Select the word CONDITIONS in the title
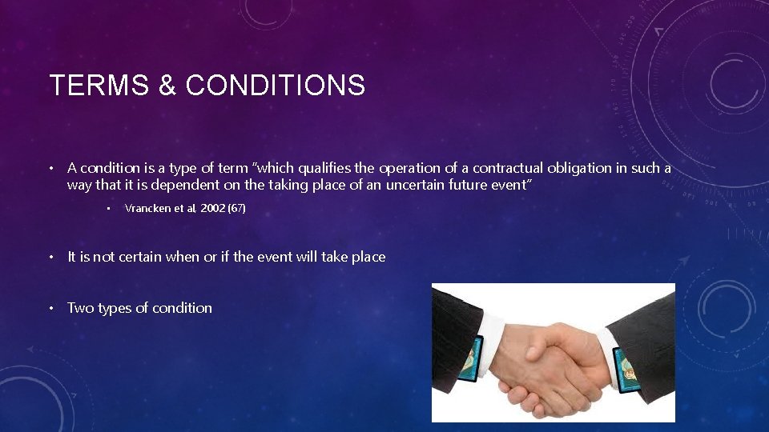(x=275, y=85)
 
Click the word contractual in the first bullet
(x=509, y=168)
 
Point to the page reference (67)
(x=236, y=209)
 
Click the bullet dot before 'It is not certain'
(x=50, y=257)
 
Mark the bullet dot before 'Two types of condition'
(x=50, y=308)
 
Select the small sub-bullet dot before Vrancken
(x=108, y=209)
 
